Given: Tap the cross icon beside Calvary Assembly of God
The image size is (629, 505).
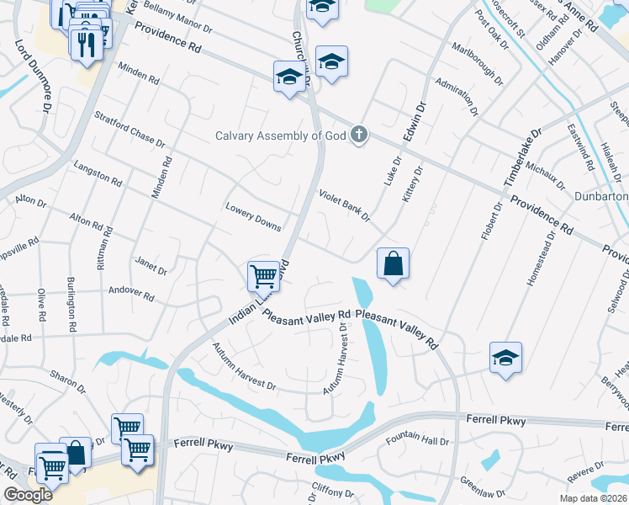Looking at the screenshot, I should click(x=360, y=135).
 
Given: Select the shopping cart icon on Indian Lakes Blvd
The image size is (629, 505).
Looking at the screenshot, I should click(x=263, y=275).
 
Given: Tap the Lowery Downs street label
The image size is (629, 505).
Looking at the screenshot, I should click(x=253, y=216).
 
